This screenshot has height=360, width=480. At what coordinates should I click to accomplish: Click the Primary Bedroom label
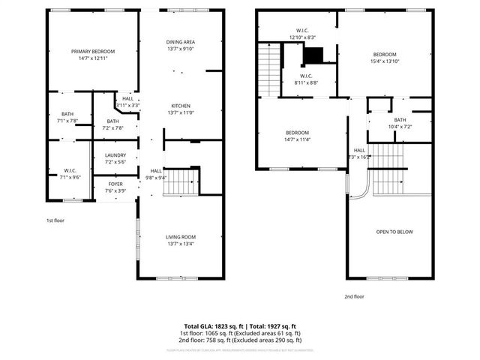[x=93, y=55]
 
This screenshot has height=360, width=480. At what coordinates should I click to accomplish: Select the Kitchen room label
[x=181, y=109]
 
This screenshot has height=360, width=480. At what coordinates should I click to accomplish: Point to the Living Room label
[x=181, y=240]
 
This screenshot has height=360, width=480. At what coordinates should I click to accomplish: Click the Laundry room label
[x=115, y=158]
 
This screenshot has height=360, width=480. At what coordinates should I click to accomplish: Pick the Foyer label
[x=115, y=187]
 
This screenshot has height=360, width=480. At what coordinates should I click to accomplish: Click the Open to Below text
[x=394, y=232]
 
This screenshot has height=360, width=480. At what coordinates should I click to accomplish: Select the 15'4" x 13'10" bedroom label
[x=385, y=58]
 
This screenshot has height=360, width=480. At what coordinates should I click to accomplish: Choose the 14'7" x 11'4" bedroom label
[x=298, y=136]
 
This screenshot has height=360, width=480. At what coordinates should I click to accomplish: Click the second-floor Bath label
[x=400, y=123]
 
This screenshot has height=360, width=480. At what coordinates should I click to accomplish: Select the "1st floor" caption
[x=56, y=220]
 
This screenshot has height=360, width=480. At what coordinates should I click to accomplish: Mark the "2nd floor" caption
[x=354, y=295]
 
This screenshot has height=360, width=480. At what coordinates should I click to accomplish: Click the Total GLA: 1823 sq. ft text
[x=211, y=326]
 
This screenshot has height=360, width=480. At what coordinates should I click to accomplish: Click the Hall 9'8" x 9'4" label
[x=157, y=174]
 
